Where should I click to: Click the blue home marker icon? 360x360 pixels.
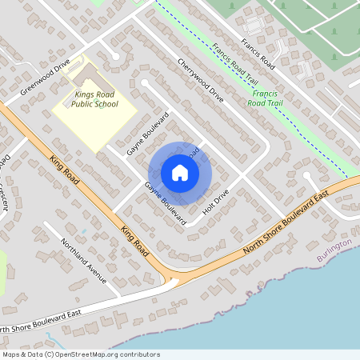[180, 172]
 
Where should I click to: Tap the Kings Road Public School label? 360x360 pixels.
[95, 98]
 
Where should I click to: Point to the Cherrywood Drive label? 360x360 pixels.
[201, 81]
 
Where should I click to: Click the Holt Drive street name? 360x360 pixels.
[216, 202]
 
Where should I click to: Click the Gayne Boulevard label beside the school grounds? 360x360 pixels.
[149, 133]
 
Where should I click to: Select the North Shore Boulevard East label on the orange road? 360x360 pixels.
[286, 225]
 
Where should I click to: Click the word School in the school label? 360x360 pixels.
[106, 104]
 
